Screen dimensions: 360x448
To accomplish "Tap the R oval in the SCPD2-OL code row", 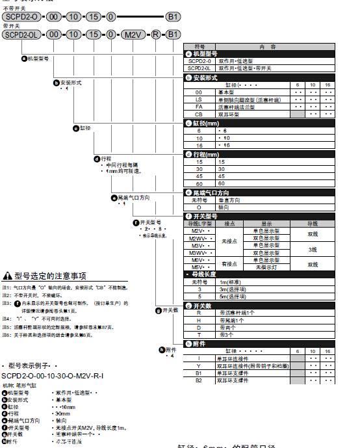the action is tap(155, 34).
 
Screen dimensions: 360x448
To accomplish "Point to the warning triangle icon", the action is tap(8, 275).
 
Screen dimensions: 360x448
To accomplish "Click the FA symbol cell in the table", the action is tap(199, 107).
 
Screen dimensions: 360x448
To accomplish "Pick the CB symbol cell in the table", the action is tap(199, 114).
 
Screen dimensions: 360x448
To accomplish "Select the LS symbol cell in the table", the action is tap(199, 99).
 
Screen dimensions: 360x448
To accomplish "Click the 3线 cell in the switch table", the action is tap(313, 248).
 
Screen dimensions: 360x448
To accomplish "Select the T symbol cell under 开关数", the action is tap(199, 334).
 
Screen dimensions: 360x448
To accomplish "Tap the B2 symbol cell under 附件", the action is tap(199, 380).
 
